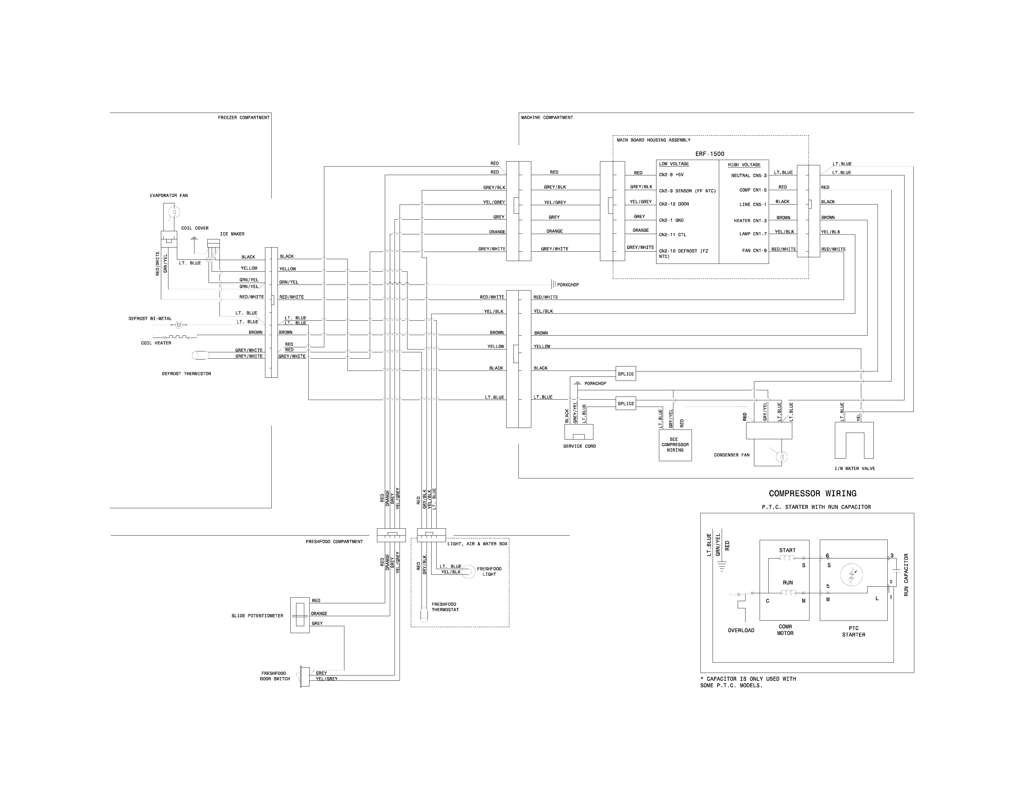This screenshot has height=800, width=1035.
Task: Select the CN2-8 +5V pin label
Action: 671,175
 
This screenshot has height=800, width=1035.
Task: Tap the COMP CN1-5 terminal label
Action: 752,190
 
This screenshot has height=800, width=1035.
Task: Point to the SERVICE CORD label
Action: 579,446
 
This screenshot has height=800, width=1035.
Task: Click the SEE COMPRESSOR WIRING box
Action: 675,445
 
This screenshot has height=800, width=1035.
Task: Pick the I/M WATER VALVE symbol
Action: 854,440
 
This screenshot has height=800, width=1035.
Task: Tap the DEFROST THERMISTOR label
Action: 186,374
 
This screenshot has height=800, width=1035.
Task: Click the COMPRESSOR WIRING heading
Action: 812,493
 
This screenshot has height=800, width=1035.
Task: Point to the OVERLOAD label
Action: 741,630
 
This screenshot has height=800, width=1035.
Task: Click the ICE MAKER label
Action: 232,234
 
